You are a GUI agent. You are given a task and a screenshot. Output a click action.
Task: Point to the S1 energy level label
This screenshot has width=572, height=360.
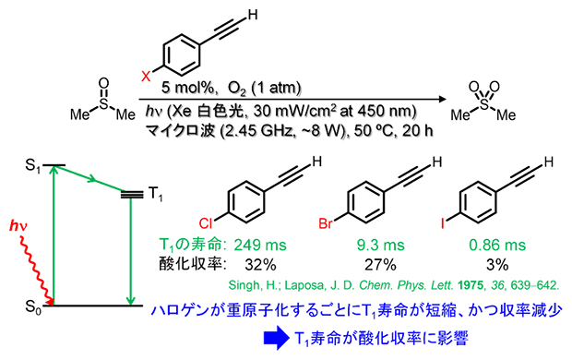tap(33, 165)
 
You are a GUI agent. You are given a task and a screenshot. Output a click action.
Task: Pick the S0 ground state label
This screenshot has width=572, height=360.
tap(33, 305)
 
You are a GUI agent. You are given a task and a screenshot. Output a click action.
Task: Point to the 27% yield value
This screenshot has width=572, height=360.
tap(381, 262)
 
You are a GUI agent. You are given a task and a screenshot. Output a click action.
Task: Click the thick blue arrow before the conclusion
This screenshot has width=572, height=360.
tap(272, 339)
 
